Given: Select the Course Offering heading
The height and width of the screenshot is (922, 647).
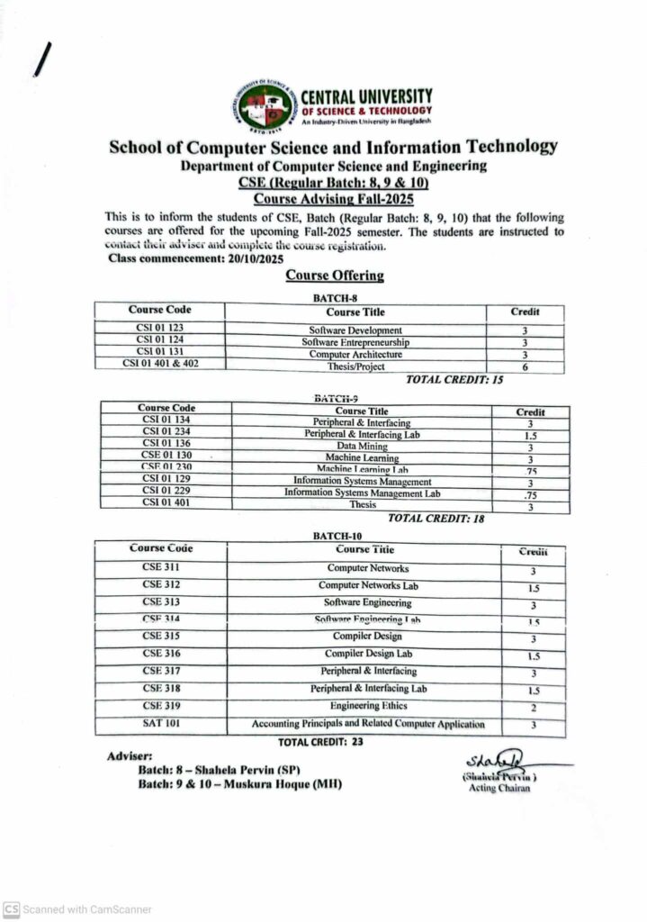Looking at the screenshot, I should [x=334, y=276].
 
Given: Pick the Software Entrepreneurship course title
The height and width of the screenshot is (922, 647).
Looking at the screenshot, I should [x=355, y=342].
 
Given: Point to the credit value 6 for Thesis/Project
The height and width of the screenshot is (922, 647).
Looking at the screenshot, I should [x=524, y=366].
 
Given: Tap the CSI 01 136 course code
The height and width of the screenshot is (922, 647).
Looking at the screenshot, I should [x=166, y=444].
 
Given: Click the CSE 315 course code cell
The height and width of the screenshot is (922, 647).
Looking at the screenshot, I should [x=161, y=636].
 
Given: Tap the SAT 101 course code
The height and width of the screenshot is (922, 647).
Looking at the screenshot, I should [x=161, y=723].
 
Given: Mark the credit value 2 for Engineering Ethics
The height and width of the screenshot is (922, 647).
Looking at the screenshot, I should [x=534, y=708].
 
